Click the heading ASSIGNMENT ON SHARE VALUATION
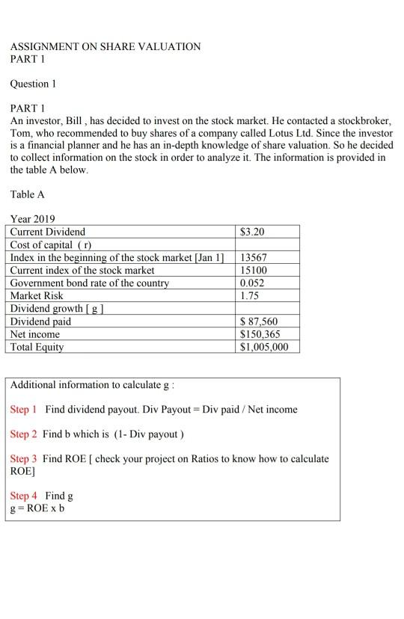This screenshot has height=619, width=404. [105, 46]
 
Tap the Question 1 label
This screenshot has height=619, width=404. [34, 84]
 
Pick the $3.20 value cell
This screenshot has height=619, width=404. [252, 232]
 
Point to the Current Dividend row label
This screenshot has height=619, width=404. [48, 232]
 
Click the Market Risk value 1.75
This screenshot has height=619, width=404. [250, 295]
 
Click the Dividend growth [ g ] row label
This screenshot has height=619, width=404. [56, 308]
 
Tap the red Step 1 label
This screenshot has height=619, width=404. [24, 410]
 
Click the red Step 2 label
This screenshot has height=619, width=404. [24, 434]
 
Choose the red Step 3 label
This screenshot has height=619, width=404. [24, 458]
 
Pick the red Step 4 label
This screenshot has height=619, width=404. [24, 496]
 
